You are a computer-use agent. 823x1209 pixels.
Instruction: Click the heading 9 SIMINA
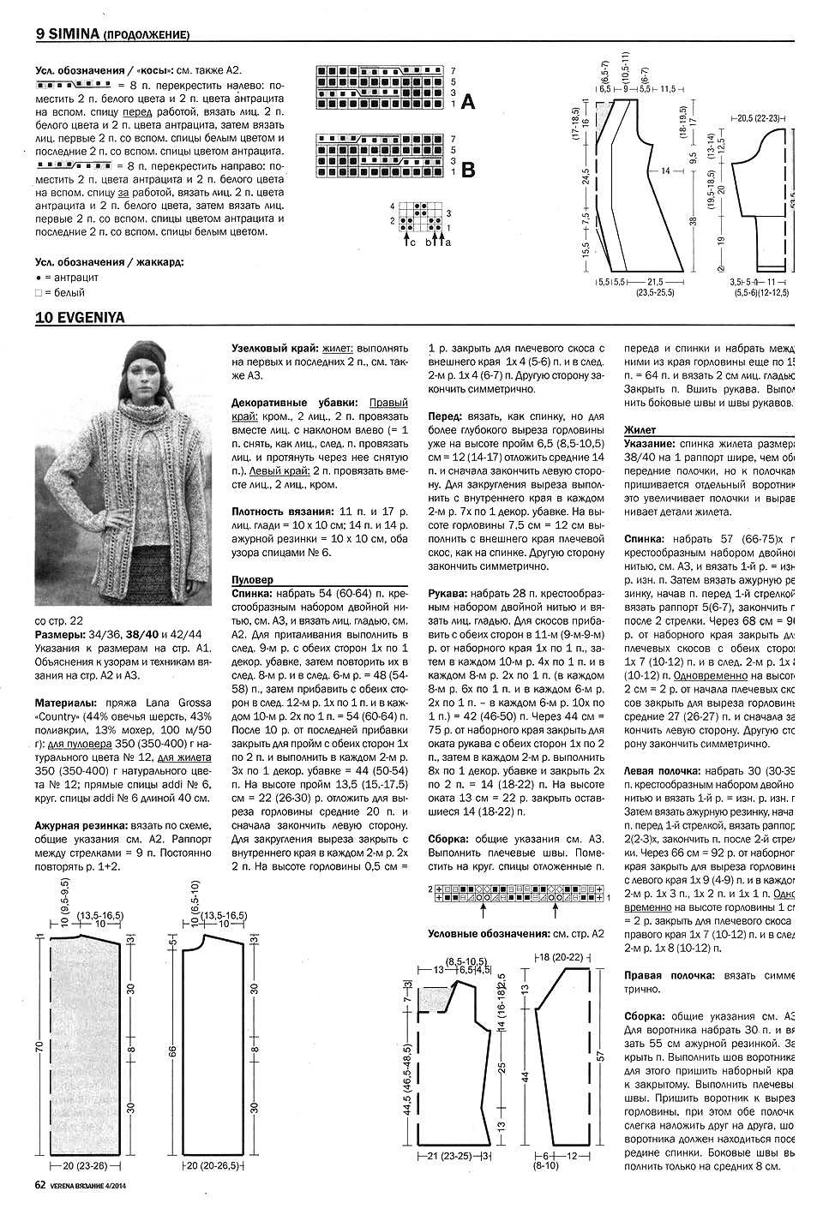point(68,34)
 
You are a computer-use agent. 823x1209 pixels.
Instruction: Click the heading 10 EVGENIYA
point(80,317)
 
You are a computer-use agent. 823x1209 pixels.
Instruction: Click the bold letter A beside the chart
point(468,104)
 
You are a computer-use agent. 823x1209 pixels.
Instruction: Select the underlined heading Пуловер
point(255,578)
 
